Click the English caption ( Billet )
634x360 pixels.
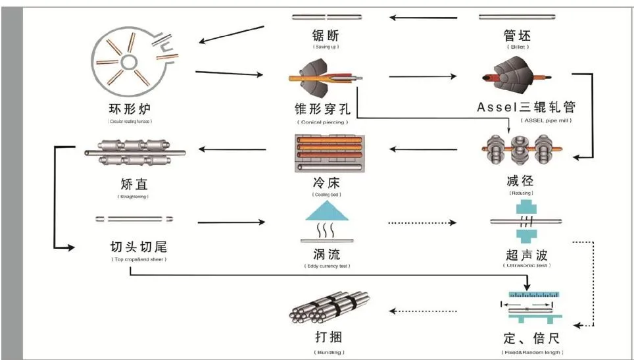coord(517,47)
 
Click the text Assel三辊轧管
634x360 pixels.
coord(531,107)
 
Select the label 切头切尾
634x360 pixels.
coord(139,247)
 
